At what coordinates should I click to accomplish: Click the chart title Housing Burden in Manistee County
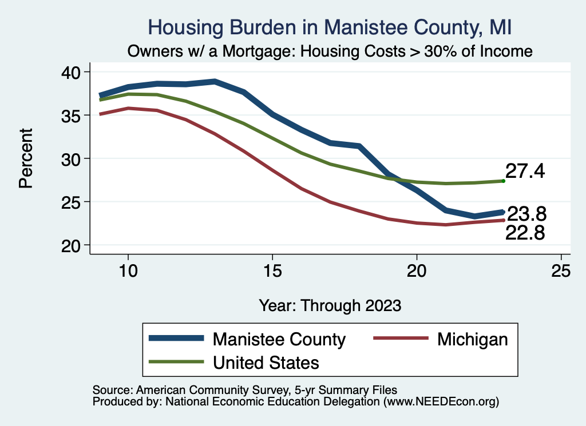click(329, 27)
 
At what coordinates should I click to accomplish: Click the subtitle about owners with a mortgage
click(330, 51)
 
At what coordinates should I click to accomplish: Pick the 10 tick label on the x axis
click(128, 271)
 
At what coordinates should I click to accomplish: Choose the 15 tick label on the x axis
click(272, 271)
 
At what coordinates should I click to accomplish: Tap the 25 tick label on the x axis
click(561, 271)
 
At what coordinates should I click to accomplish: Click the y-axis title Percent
click(26, 158)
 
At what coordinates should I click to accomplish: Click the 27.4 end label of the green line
click(525, 172)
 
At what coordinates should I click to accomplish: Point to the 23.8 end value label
click(527, 214)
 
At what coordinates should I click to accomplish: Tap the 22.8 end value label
click(525, 233)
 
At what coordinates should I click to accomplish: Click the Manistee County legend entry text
click(279, 339)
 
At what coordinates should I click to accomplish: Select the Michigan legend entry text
click(472, 339)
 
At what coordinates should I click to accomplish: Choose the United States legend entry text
click(266, 362)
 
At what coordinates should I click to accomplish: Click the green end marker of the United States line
click(503, 181)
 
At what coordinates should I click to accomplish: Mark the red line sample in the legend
click(401, 339)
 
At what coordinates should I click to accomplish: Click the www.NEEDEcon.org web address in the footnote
click(441, 402)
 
